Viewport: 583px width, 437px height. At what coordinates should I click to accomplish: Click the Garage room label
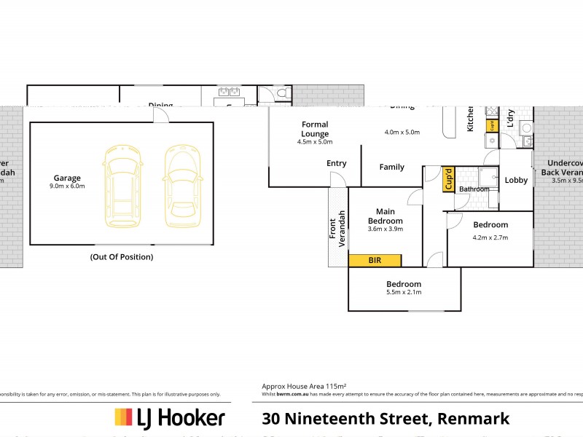(x=67, y=178)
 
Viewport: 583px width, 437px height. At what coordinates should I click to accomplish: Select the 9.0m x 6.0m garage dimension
(x=67, y=186)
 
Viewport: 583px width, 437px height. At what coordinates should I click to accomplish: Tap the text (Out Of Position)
(x=122, y=257)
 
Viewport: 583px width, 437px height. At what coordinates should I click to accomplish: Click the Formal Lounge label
(x=315, y=129)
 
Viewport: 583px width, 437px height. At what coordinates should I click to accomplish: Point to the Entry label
(x=337, y=163)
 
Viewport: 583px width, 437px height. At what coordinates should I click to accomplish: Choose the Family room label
(x=391, y=167)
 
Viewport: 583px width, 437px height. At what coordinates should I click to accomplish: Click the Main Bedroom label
(x=385, y=216)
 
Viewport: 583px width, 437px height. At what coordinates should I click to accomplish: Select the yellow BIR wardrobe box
(x=375, y=260)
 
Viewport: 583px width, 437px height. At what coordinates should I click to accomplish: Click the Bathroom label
(x=474, y=189)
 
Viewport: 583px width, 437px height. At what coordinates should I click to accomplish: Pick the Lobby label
(x=516, y=180)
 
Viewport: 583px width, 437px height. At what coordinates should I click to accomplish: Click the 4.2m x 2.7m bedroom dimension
(x=490, y=237)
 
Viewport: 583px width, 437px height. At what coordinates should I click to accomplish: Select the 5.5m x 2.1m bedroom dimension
(x=404, y=292)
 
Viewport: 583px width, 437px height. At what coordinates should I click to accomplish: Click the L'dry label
(x=510, y=119)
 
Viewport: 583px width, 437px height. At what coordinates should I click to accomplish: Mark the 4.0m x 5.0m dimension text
(x=403, y=133)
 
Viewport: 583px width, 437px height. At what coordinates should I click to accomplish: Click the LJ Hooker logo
(x=169, y=418)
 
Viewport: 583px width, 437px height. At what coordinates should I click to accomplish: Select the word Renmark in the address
(x=474, y=418)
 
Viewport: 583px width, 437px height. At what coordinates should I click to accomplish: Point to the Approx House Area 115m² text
(x=304, y=386)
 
